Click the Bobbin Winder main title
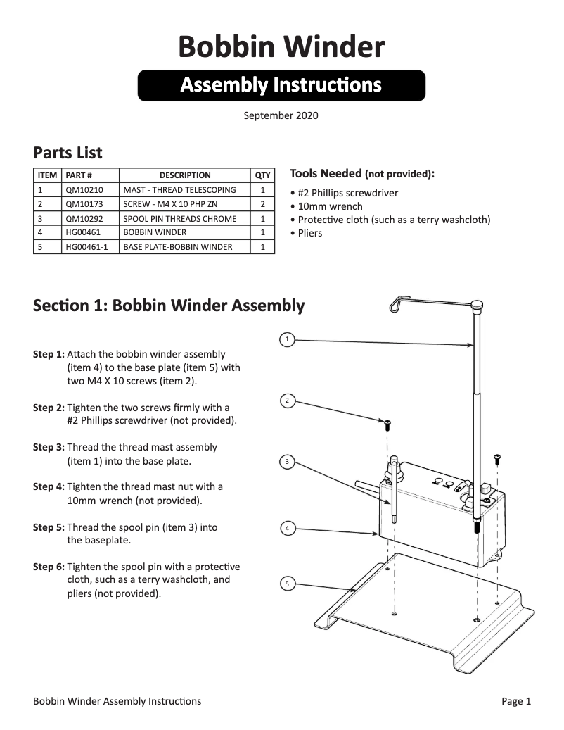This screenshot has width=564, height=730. coord(281,47)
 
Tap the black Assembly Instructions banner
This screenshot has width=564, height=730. coord(281,85)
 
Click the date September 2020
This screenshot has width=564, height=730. coord(281,115)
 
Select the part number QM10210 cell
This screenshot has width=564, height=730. coord(84,190)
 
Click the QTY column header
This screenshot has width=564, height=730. coord(262,175)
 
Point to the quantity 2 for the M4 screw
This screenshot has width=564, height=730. coord(262,204)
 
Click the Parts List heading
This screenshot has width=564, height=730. coord(68,153)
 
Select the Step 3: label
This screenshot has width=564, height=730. coord(49,448)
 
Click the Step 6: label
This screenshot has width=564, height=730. coord(49,567)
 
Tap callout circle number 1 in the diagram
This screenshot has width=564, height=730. coord(286,340)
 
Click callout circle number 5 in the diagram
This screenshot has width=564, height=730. coord(286,583)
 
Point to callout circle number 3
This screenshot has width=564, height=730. coord(286,462)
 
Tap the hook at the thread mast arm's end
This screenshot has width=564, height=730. coord(397,303)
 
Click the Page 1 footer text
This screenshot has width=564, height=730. coord(516,701)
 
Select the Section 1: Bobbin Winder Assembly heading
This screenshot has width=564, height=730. coord(169,306)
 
